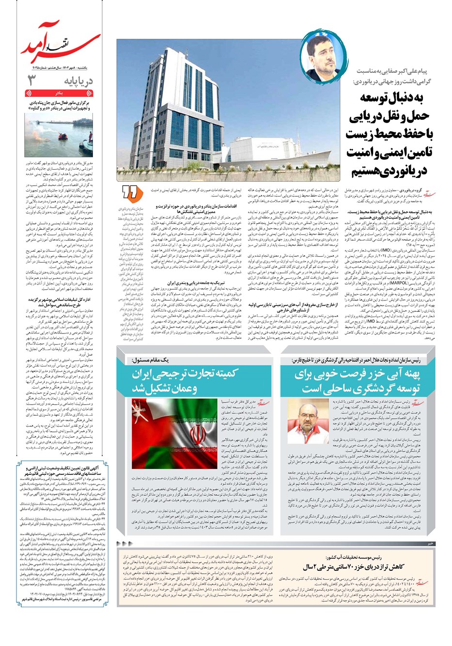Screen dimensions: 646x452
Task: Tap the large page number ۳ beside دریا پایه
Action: click(32, 80)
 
